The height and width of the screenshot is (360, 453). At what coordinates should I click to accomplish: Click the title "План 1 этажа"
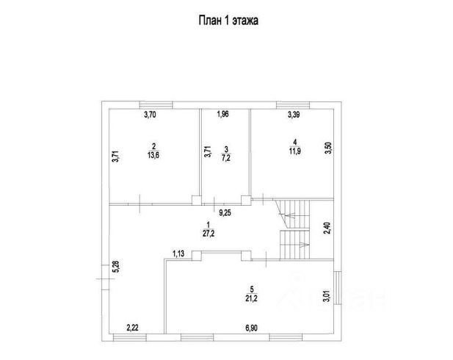pos(226,21)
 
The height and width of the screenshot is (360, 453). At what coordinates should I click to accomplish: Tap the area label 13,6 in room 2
pos(154,155)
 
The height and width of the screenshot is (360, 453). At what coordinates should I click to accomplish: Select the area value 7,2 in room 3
pos(227,158)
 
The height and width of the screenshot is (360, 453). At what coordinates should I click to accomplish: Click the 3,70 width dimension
pos(151,115)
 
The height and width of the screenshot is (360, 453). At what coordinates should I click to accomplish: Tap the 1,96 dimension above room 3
pos(223,115)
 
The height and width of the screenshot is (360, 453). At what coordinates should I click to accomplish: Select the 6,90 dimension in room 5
pos(252,328)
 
